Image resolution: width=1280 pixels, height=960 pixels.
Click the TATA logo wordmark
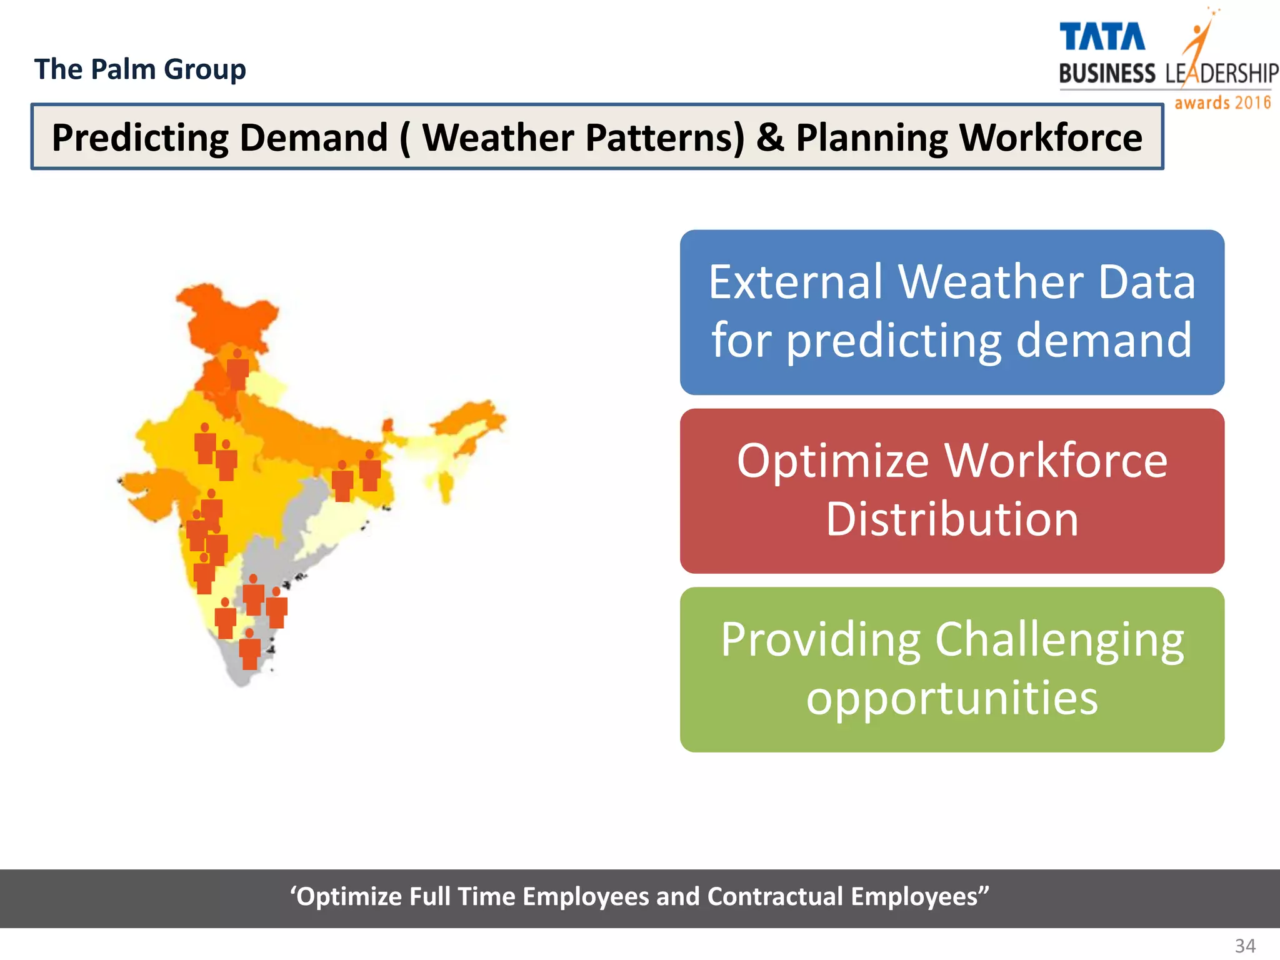[1102, 37]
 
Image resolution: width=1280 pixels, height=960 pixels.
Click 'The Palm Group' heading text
[140, 69]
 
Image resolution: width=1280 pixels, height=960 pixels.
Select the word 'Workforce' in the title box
[1050, 137]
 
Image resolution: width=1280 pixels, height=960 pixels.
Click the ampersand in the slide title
[770, 137]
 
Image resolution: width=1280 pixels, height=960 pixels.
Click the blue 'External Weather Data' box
[951, 312]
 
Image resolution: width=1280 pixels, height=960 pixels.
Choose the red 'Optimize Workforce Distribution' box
[951, 491]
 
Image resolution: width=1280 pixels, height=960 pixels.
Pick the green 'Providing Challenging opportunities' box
[951, 669]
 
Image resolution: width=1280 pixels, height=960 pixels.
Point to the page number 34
[1245, 946]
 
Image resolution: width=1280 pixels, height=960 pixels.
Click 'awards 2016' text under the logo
[1222, 102]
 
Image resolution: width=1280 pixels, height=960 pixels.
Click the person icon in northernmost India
[237, 369]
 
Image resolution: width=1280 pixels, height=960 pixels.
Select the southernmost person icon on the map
[249, 650]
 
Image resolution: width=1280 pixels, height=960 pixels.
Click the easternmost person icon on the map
[370, 471]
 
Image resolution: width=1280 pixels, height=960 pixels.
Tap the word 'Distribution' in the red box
[951, 519]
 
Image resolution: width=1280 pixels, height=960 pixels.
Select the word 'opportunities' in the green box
[951, 698]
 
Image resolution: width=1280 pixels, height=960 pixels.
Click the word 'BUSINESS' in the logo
[1107, 74]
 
